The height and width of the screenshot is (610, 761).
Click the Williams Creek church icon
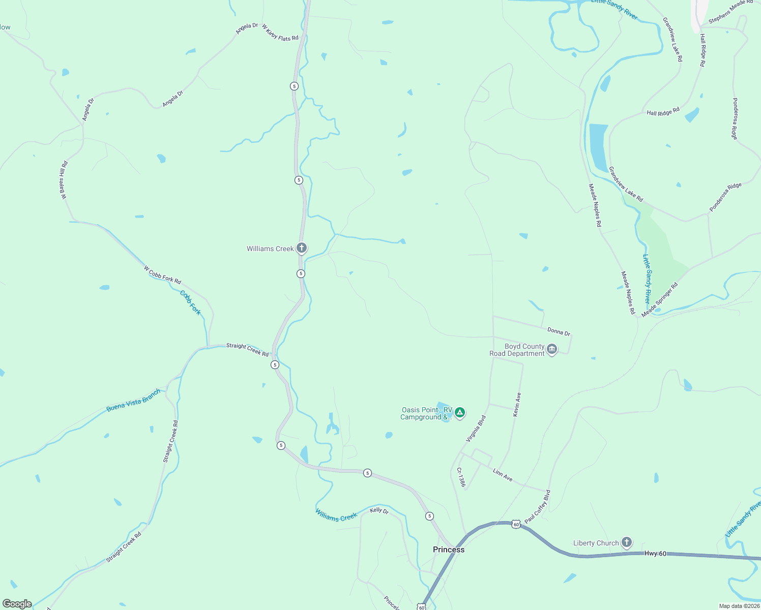coord(302,248)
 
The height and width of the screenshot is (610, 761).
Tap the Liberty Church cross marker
coord(627,543)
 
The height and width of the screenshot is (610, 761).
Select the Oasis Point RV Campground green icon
coord(460,413)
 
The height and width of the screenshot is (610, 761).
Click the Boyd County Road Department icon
coord(552,350)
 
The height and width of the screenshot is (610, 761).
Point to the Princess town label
coord(448,550)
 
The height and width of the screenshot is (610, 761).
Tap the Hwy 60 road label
coord(655,554)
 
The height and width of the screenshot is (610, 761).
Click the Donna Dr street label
coord(559,331)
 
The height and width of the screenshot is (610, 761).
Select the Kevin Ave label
coord(517,405)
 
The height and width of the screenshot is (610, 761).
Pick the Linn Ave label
coord(503,475)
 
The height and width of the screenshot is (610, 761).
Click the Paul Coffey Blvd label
coord(538,507)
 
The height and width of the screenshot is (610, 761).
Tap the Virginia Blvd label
coord(477,429)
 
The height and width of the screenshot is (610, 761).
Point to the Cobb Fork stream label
coord(191,302)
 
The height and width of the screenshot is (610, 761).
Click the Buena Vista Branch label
coord(133,401)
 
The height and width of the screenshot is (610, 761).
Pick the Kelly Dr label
coord(379,510)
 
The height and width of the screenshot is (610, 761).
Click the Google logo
coord(17,604)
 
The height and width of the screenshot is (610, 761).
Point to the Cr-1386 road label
coord(460,477)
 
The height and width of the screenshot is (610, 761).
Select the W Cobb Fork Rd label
coord(162,275)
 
